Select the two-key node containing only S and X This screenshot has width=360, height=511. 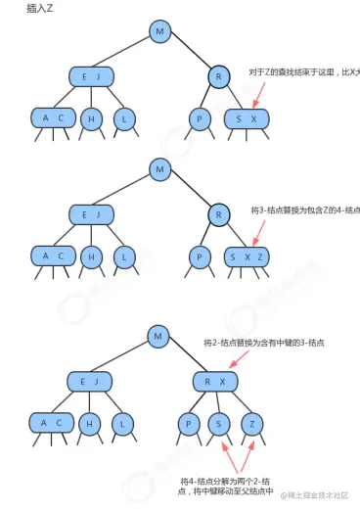[245, 118]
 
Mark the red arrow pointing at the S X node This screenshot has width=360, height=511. [259, 95]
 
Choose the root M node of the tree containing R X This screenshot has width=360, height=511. [158, 337]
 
